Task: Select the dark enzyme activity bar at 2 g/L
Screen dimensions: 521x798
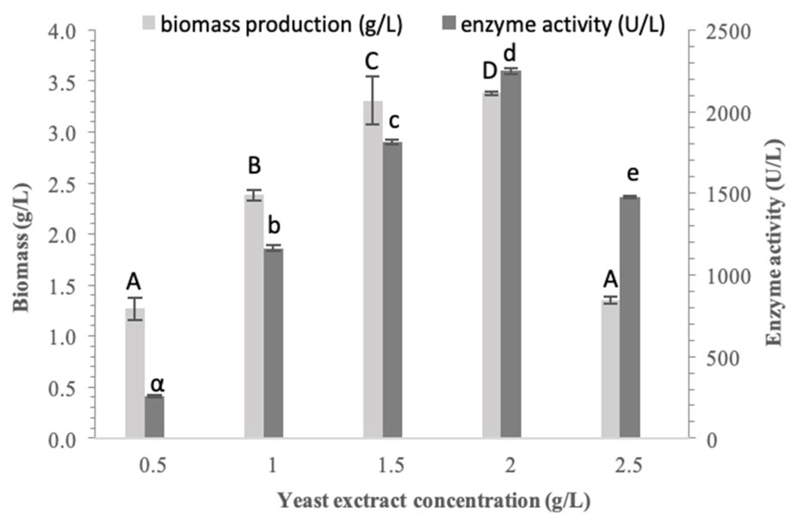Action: point(511,254)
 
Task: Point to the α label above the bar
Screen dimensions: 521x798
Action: point(157,383)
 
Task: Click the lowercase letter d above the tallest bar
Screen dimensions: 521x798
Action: point(510,55)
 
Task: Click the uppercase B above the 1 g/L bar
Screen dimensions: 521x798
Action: point(254,165)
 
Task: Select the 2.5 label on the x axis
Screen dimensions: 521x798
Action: point(629,466)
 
